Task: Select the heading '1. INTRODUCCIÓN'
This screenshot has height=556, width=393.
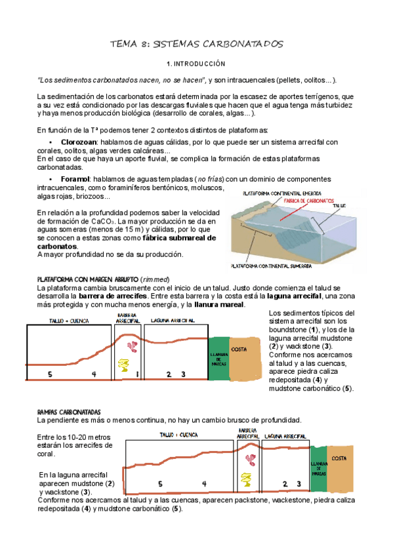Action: pos(196,64)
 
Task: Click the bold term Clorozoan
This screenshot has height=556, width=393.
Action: pos(79,142)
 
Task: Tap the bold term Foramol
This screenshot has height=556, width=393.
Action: pos(75,178)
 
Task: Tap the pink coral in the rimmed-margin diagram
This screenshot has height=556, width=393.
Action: pos(132,347)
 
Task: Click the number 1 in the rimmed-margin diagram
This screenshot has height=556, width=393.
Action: pos(136,374)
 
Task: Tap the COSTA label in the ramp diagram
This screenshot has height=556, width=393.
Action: pos(340,458)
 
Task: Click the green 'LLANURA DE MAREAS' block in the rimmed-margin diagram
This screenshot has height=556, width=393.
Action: pos(218,358)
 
